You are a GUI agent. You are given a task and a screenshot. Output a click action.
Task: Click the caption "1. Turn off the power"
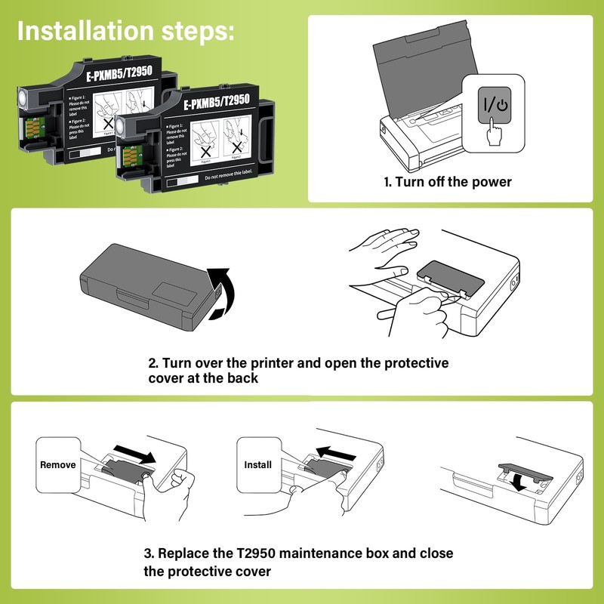[x=447, y=182]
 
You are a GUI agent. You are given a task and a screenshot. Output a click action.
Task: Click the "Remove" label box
[x=58, y=465]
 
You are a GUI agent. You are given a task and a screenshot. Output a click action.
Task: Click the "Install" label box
[x=257, y=465]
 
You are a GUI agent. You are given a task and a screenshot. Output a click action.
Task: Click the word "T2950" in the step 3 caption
[x=252, y=553]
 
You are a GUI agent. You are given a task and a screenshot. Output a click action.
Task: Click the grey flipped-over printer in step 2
[x=143, y=283]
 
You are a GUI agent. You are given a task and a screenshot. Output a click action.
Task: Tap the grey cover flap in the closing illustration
[x=521, y=467]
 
